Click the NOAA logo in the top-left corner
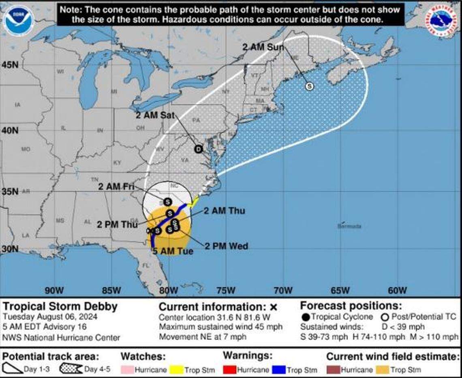pyautogui.click(x=19, y=21)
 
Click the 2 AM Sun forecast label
pyautogui.click(x=263, y=47)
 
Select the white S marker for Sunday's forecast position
pyautogui.click(x=310, y=86)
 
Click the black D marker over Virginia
pyautogui.click(x=198, y=149)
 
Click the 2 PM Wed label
pyautogui.click(x=226, y=246)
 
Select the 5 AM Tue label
pyautogui.click(x=173, y=251)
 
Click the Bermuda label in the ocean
pyautogui.click(x=349, y=226)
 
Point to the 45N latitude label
pyautogui.click(x=9, y=64)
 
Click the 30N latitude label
pyautogui.click(x=9, y=249)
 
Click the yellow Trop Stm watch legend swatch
pyautogui.click(x=177, y=369)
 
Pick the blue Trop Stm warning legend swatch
pyautogui.click(x=279, y=369)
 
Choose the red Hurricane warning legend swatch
pyautogui.click(x=230, y=369)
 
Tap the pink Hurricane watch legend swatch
pyautogui.click(x=128, y=369)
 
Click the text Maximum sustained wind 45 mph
pyautogui.click(x=220, y=327)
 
